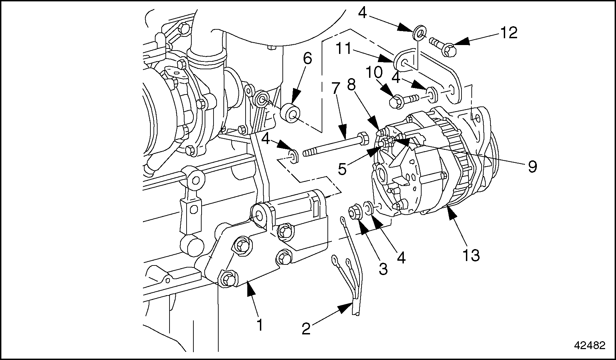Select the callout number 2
coord(306,329)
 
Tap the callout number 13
coord(471,255)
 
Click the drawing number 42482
coord(589,346)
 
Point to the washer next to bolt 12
coord(419,34)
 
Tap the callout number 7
coord(335,88)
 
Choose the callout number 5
coord(342,169)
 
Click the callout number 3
coord(383,269)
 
